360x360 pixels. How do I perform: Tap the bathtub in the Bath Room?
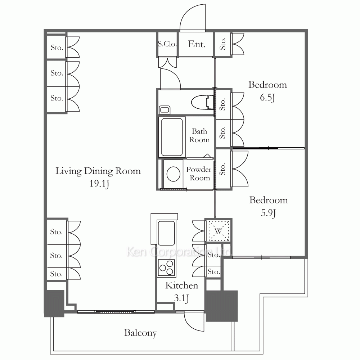pyautogui.click(x=172, y=137)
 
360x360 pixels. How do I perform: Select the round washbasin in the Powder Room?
pyautogui.click(x=174, y=174)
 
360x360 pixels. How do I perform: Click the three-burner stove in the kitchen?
pyautogui.click(x=166, y=268)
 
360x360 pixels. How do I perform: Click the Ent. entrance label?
pyautogui.click(x=197, y=44)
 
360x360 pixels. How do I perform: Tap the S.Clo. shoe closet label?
pyautogui.click(x=167, y=44)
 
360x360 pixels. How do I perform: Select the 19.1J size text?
pyautogui.click(x=99, y=184)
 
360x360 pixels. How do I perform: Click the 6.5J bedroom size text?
pyautogui.click(x=267, y=98)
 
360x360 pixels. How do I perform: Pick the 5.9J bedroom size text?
pyautogui.click(x=269, y=213)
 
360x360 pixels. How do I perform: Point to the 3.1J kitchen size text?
pyautogui.click(x=181, y=298)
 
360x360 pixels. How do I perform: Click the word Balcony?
pyautogui.click(x=140, y=333)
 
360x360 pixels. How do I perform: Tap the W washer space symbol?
pyautogui.click(x=218, y=231)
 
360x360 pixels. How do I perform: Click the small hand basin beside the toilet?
pyautogui.click(x=165, y=110)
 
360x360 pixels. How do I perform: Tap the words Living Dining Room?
pyautogui.click(x=98, y=171)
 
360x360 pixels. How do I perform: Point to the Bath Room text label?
pyautogui.click(x=199, y=135)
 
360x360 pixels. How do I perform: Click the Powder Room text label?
pyautogui.click(x=199, y=174)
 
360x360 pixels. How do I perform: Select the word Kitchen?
pyautogui.click(x=181, y=285)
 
